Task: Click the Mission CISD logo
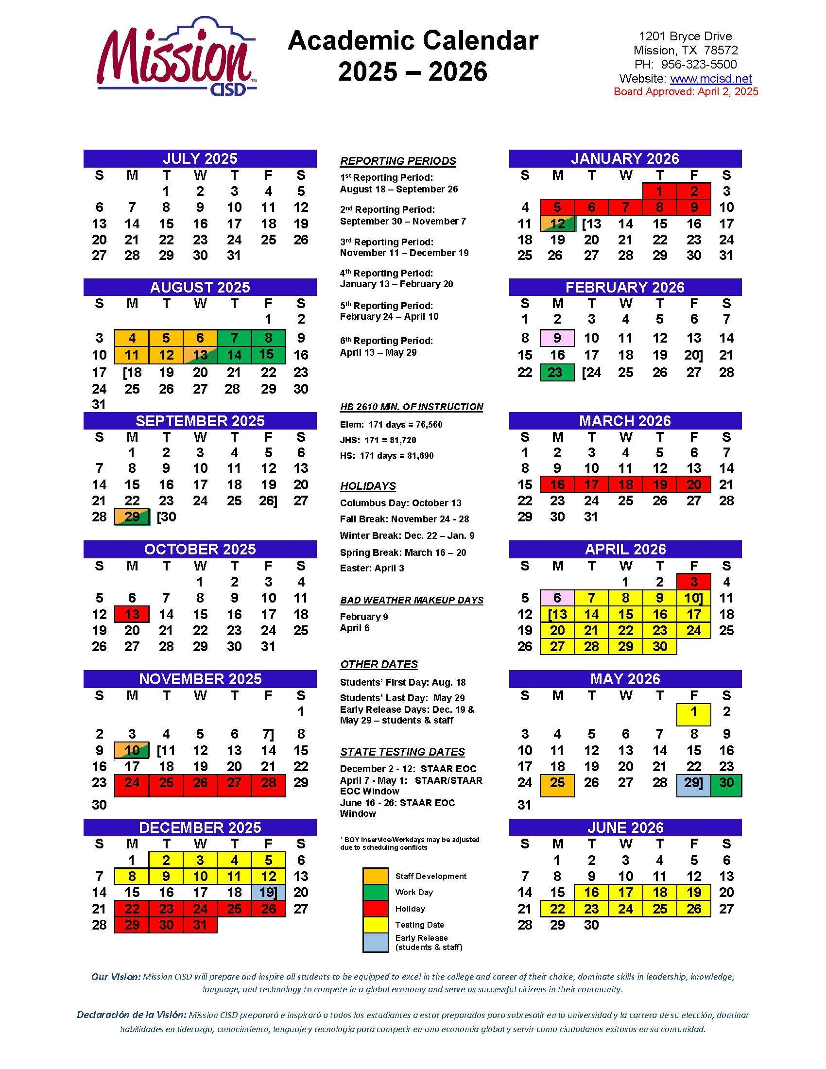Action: point(176,56)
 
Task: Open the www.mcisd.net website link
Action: point(710,78)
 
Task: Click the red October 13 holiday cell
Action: point(132,614)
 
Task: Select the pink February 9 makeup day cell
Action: point(557,338)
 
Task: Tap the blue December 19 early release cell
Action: point(268,892)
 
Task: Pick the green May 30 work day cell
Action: point(726,783)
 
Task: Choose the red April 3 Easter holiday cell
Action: point(693,582)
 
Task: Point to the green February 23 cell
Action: point(557,373)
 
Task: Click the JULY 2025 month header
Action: point(200,158)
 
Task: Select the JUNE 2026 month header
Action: point(625,828)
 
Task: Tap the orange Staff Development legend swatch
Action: point(375,876)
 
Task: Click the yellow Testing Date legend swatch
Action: point(375,925)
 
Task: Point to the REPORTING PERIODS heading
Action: point(398,161)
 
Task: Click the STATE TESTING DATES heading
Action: point(402,752)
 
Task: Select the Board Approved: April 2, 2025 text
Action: point(686,91)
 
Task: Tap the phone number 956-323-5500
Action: point(699,64)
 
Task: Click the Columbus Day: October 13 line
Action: point(400,503)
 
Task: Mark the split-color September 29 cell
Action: point(132,517)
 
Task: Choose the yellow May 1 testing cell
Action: point(693,712)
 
